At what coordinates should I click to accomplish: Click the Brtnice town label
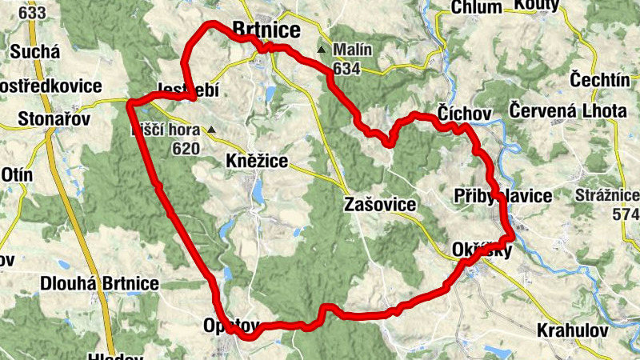[x=266, y=30]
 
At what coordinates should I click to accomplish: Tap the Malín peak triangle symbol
[x=321, y=50]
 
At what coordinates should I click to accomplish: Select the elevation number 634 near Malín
[x=346, y=69]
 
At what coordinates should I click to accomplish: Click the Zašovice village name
[x=380, y=205]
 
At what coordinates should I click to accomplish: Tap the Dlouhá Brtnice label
[x=99, y=284]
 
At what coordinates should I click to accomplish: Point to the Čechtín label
[x=600, y=79]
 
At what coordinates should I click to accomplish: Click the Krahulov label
[x=572, y=330]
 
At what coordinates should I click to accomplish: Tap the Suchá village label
[x=35, y=53]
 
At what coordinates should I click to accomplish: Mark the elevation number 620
[x=185, y=148]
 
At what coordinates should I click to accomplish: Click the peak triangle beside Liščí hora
[x=210, y=130]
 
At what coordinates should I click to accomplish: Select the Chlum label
[x=477, y=7]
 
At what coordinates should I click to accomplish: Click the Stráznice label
[x=607, y=195]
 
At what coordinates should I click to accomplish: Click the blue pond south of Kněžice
[x=258, y=190]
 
